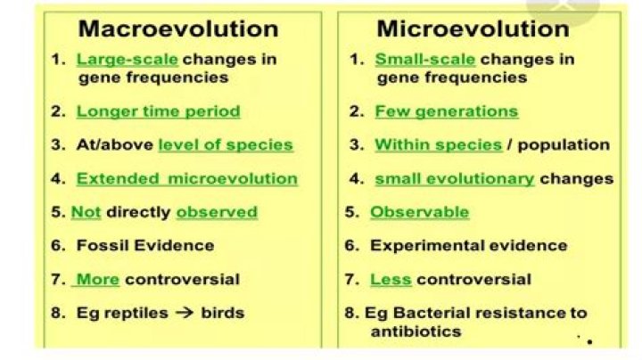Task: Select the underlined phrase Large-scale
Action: pyautogui.click(x=127, y=60)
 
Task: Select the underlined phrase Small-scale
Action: pyautogui.click(x=424, y=60)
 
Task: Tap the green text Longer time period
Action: pyautogui.click(x=158, y=111)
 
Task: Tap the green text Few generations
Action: pyautogui.click(x=446, y=111)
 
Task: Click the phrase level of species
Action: pyautogui.click(x=225, y=144)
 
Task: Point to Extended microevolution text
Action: pyautogui.click(x=186, y=178)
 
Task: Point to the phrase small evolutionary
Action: pyautogui.click(x=454, y=178)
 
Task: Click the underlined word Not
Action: pyautogui.click(x=86, y=212)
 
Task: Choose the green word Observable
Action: pyautogui.click(x=419, y=212)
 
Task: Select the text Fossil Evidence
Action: pyautogui.click(x=144, y=245)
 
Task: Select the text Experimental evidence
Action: pyautogui.click(x=468, y=245)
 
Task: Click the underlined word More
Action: pyautogui.click(x=98, y=279)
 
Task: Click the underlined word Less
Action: pyautogui.click(x=391, y=279)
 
